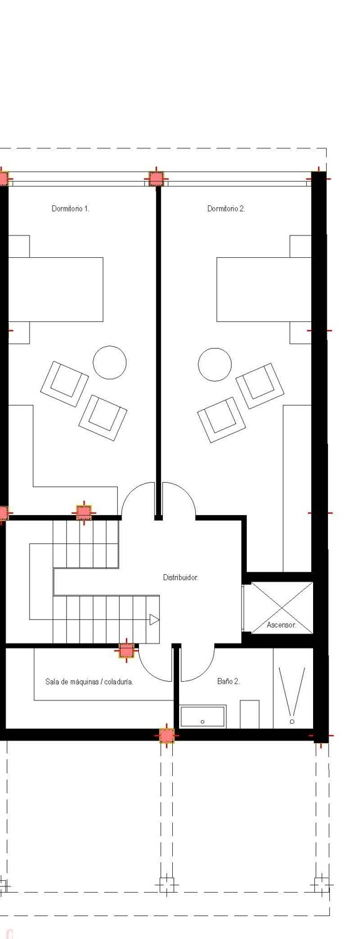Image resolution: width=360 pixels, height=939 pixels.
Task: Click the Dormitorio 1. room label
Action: click(70, 208)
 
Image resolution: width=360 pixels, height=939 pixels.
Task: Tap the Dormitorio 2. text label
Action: click(226, 208)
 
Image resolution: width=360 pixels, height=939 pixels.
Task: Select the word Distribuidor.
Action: click(180, 577)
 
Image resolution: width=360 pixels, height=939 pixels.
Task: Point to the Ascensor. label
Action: click(281, 625)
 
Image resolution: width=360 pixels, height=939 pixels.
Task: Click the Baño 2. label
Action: click(228, 681)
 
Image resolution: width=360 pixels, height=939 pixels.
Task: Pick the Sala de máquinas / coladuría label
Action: click(89, 682)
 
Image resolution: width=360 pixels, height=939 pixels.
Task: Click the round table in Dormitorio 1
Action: click(110, 362)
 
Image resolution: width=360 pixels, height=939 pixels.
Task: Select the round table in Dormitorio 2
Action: click(215, 364)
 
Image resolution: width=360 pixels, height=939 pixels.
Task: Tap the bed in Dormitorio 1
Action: click(56, 289)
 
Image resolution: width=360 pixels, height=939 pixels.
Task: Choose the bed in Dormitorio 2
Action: click(264, 289)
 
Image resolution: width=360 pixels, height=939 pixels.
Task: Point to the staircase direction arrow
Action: click(153, 620)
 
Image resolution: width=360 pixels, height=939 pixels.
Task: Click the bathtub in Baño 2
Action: click(203, 717)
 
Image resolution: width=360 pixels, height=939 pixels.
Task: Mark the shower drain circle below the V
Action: click(292, 722)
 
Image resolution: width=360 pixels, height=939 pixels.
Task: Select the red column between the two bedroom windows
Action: click(155, 178)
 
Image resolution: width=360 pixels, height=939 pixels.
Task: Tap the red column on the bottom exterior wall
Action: click(166, 735)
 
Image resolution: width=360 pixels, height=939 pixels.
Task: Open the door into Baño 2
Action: click(197, 665)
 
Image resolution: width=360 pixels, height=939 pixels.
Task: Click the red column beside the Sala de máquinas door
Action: click(126, 651)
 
